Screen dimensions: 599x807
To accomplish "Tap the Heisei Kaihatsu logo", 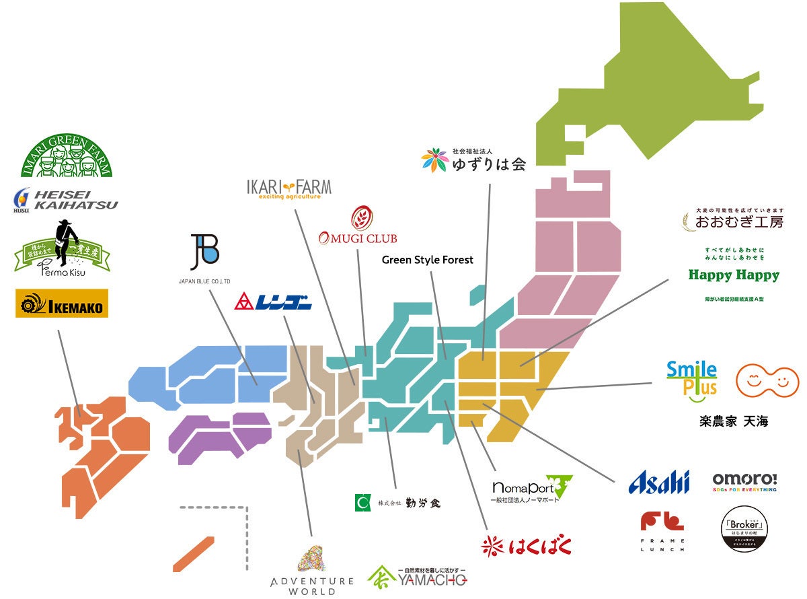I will tap(66, 199).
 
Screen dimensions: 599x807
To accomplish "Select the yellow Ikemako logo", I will tap(61, 304).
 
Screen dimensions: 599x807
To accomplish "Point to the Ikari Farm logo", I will tap(289, 189).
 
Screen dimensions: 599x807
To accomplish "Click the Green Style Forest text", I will tap(428, 260).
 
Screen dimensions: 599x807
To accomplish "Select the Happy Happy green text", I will tap(734, 275).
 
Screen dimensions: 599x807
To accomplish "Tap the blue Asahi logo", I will tap(659, 482).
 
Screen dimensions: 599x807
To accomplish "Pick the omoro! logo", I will tap(744, 481).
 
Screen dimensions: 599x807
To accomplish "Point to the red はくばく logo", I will tap(527, 545).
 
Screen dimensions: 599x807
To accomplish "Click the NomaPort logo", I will tap(531, 489).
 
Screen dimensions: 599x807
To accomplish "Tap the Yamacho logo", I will tap(417, 576).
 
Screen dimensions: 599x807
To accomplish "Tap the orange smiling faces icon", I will tap(767, 382).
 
